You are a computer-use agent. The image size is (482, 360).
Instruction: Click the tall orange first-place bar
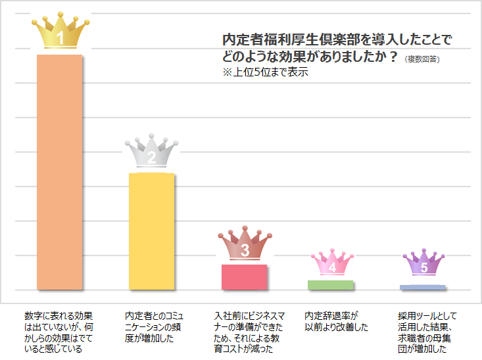click(59, 171)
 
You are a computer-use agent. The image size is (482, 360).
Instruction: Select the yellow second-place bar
click(151, 230)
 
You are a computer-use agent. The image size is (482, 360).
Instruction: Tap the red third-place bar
click(245, 276)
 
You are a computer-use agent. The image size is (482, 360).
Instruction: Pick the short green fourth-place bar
click(331, 284)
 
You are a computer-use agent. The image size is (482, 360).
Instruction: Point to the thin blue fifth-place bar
click(422, 287)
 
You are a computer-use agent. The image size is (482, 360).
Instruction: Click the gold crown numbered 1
click(60, 32)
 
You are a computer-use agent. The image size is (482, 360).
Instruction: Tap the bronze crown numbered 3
click(245, 245)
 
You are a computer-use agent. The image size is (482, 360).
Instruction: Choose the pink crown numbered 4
click(331, 264)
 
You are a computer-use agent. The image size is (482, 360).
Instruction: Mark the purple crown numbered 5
click(423, 264)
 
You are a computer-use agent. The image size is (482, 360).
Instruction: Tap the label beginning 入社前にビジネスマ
click(244, 332)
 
